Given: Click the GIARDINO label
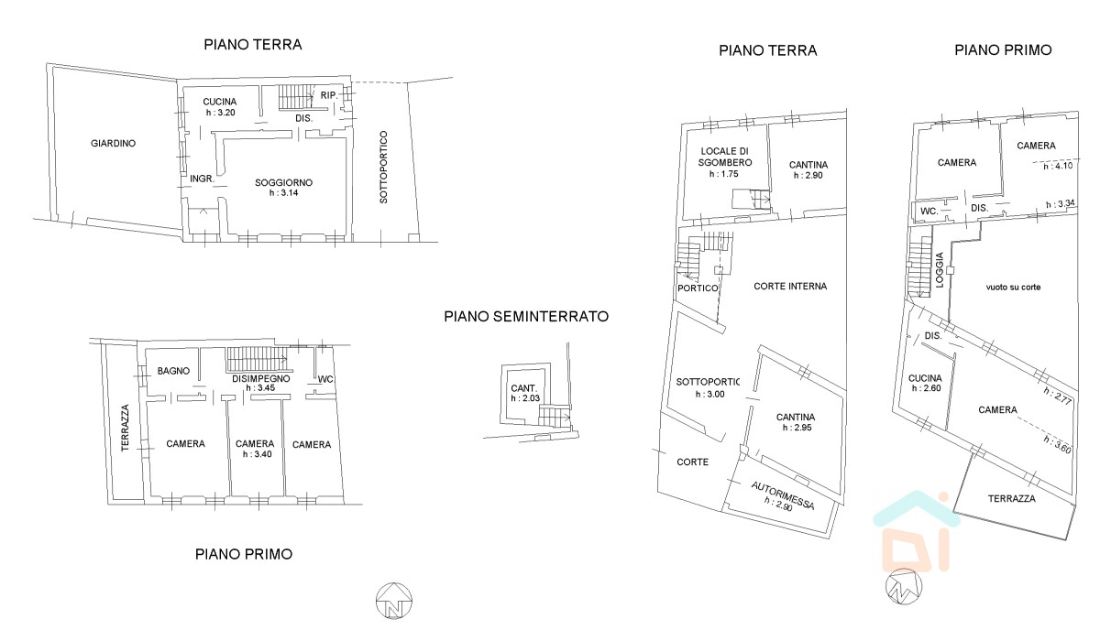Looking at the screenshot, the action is coord(113,143).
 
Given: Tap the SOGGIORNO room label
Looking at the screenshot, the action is coord(283,182).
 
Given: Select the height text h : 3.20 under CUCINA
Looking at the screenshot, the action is coord(221,113).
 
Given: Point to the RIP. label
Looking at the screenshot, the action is coord(329,95).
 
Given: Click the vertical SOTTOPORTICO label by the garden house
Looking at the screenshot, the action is coord(383,167).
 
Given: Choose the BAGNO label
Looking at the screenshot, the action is coord(173,371).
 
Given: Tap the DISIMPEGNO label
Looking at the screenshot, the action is coord(260,378).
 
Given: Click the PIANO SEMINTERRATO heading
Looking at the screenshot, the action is coord(526,316).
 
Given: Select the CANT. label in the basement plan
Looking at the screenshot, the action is coord(524,388).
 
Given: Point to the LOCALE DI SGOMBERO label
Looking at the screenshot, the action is coord(725,157).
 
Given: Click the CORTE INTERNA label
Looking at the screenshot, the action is coord(790,286).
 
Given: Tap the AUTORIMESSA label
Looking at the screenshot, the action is coord(783,495).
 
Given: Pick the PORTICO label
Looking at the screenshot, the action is coord(698,288).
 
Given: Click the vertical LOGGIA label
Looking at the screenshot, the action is coord(939,270).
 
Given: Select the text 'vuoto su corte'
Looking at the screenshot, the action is coord(1013,287).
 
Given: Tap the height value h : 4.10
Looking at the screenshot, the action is coord(1058,166).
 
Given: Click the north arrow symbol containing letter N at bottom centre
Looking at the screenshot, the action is coord(394,601).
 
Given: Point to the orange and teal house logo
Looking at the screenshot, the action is coord(917,531).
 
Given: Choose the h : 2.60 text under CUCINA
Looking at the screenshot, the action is coord(926,388).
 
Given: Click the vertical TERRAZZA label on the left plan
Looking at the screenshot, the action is coord(126,428).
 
